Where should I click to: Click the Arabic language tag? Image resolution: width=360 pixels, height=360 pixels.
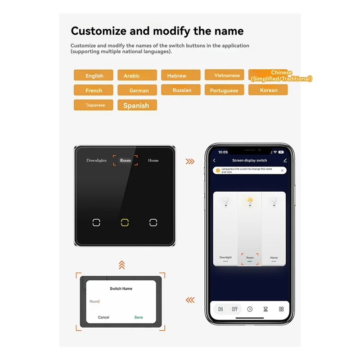[137, 76]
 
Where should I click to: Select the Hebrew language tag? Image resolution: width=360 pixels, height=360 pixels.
[180, 76]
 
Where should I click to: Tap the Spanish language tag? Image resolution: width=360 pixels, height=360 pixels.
[137, 105]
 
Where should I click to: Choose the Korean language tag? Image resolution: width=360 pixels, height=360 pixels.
[268, 90]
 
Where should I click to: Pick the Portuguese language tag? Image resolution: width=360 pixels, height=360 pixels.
[224, 90]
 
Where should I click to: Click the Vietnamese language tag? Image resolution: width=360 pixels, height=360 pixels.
[224, 75]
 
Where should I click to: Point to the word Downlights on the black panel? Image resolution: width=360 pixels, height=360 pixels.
[96, 160]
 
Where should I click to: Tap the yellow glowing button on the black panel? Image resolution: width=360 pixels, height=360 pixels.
[125, 222]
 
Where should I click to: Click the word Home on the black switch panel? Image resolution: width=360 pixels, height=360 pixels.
[153, 160]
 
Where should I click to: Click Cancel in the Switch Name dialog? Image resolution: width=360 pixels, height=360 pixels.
[103, 317]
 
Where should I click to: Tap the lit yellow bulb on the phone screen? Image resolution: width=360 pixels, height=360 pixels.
[250, 201]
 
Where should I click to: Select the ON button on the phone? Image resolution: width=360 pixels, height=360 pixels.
[220, 309]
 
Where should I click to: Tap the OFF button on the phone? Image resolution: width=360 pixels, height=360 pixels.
[234, 309]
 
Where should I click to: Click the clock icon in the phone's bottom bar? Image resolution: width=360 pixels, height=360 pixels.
[250, 309]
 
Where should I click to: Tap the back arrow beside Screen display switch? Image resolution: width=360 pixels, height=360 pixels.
[214, 160]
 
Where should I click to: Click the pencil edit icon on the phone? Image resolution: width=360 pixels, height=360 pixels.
[285, 160]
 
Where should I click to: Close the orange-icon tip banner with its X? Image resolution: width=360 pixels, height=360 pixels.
[282, 171]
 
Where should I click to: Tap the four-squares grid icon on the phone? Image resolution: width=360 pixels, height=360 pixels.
[281, 309]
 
